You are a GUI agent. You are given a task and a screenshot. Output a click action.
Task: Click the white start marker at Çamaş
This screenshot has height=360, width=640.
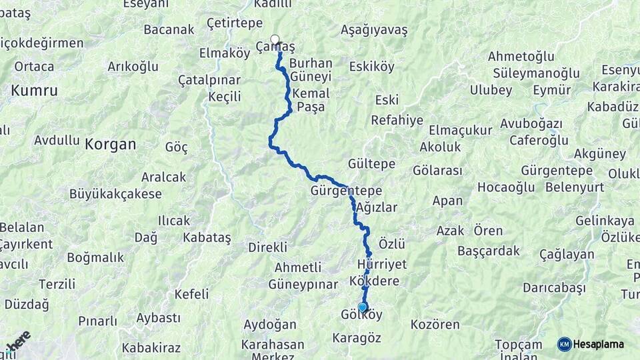(x=275, y=39)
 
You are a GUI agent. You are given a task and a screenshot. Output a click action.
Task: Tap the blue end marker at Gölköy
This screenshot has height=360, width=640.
(x=362, y=307)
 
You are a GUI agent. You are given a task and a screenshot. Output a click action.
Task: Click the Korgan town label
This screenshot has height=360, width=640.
(x=110, y=143)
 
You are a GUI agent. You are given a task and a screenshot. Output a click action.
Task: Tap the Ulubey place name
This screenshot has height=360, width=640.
(x=491, y=90)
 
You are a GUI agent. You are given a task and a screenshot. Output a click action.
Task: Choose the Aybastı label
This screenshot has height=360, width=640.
(x=159, y=318)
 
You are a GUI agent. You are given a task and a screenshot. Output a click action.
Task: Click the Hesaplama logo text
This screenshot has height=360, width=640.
(x=599, y=344)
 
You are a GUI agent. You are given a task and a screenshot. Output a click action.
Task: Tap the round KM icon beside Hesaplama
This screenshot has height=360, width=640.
(x=564, y=344)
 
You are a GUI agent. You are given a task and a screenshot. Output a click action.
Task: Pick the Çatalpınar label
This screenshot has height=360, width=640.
(x=209, y=80)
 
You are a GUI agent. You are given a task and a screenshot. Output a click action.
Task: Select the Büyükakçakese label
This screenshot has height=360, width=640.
(x=115, y=194)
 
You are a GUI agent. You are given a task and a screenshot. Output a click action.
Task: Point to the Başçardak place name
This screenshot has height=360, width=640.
(x=489, y=251)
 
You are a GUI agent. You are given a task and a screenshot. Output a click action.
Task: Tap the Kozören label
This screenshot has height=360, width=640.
(x=435, y=325)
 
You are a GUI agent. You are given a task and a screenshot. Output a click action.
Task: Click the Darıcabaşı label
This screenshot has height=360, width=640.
(x=554, y=287)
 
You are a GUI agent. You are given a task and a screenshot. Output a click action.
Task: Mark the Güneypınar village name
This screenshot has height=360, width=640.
(x=303, y=285)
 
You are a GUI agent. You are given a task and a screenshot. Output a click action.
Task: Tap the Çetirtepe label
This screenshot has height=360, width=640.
(x=235, y=23)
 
